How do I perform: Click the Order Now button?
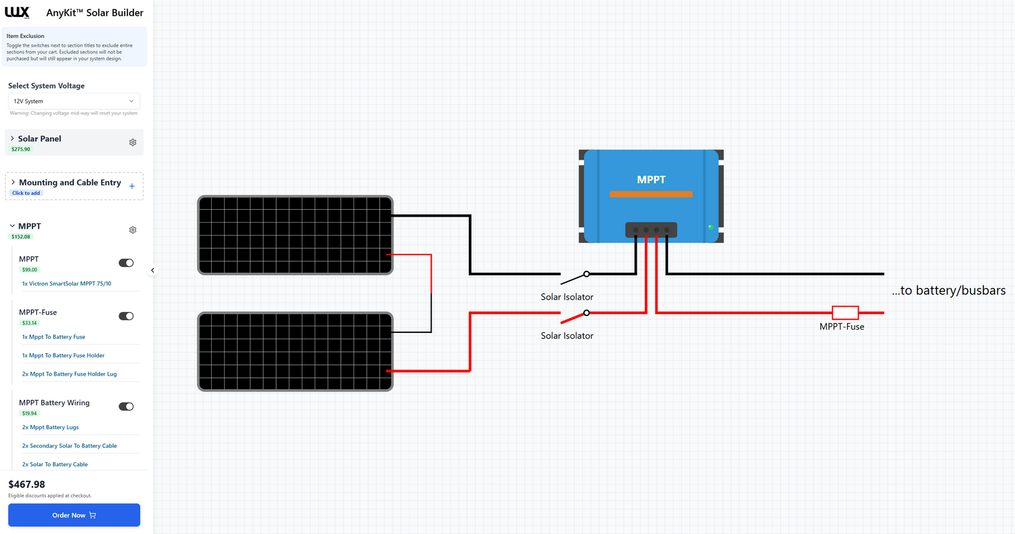coord(74,515)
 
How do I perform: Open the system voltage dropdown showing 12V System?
coord(74,101)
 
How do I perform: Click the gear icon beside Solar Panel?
coord(133,142)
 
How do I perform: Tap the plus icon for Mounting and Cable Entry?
coord(132,186)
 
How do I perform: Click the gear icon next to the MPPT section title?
coord(133,229)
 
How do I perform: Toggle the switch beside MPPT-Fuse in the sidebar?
coord(126,316)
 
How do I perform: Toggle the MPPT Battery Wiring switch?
coord(126,407)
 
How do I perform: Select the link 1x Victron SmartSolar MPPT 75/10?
coord(66,284)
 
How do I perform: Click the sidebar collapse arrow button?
coord(153,270)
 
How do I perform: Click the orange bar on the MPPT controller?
coord(651,194)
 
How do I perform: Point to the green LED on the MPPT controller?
coord(710,227)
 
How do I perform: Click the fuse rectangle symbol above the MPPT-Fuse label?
coord(844,313)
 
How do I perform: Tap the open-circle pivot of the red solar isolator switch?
coord(587,313)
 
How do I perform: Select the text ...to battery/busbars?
coord(948,290)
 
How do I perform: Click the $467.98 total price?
coord(27,484)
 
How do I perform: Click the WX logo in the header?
coord(17,12)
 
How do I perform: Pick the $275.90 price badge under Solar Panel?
coord(21,149)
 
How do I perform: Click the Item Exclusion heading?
coord(26,36)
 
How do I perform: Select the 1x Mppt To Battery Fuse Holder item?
coord(63,355)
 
